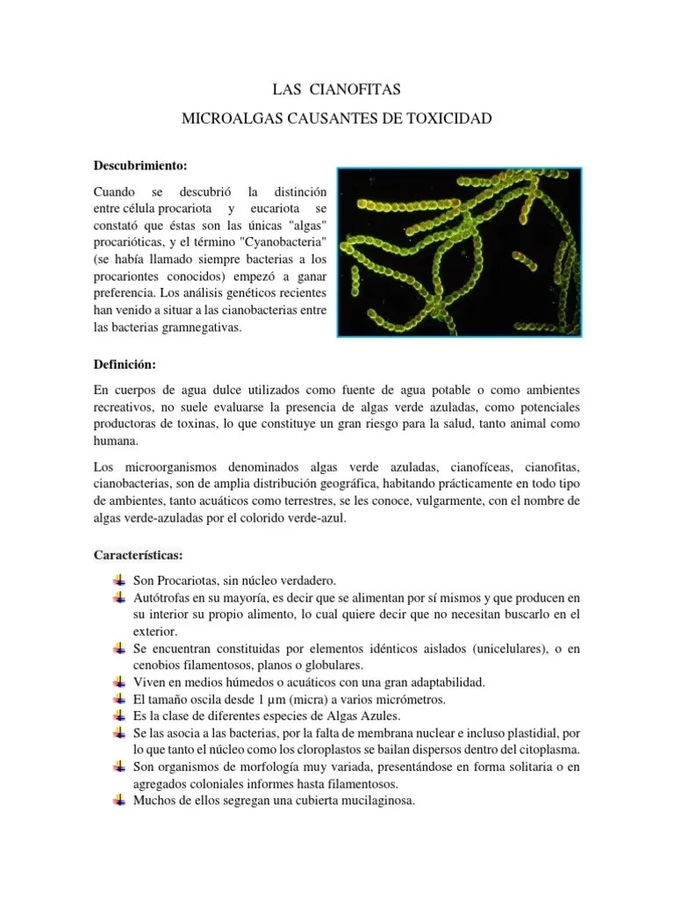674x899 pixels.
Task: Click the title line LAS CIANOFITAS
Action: point(337,90)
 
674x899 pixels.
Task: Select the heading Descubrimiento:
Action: point(140,164)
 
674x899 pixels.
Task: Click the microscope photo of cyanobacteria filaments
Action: point(448,250)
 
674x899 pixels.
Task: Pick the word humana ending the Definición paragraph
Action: point(115,442)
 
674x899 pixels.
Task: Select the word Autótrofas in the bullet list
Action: point(162,597)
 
